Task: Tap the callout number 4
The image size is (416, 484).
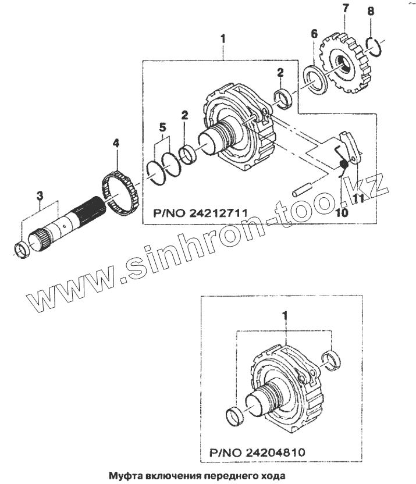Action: pyautogui.click(x=116, y=142)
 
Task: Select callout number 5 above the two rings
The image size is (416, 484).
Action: pyautogui.click(x=163, y=127)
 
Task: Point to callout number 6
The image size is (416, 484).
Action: pyautogui.click(x=314, y=34)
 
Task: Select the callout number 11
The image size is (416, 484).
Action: pyautogui.click(x=360, y=199)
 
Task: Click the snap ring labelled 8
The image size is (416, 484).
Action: pyautogui.click(x=374, y=46)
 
